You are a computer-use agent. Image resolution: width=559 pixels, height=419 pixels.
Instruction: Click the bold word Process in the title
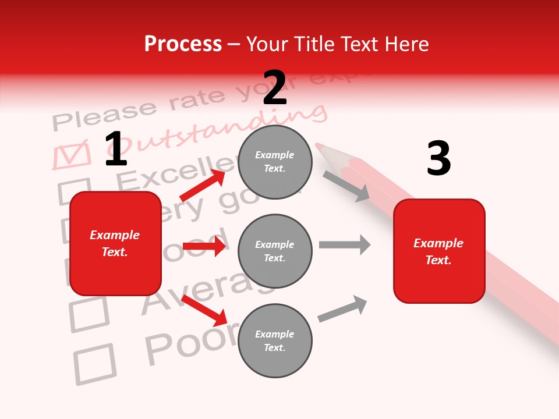pos(183,44)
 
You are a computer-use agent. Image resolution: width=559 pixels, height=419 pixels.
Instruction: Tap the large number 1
pos(116,149)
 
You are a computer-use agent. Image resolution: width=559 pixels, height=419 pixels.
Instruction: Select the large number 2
pos(275,87)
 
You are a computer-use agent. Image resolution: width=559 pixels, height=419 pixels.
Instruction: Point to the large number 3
pos(438,158)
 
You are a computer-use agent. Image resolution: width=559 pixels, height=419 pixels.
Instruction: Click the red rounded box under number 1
pos(115,243)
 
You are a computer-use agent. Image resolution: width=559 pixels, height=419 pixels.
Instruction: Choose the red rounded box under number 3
pos(439,251)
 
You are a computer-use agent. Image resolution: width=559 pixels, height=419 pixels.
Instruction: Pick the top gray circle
pos(275,162)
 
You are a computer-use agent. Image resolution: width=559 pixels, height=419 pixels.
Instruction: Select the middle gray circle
pos(275,251)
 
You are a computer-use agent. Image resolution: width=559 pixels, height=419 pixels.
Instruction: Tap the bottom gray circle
pos(275,340)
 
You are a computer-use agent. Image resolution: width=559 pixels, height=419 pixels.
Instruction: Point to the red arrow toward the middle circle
pos(204,246)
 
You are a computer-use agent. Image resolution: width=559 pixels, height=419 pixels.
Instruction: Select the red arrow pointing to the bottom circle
pos(204,310)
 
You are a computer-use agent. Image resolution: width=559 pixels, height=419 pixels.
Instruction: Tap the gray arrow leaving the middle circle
pos(345,244)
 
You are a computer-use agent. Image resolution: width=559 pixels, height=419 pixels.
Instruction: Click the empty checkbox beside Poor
pos(95,364)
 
